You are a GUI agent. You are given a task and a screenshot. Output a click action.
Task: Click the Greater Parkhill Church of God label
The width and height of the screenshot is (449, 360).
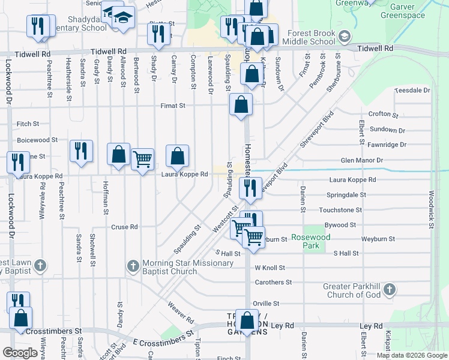pyautogui.click(x=352, y=290)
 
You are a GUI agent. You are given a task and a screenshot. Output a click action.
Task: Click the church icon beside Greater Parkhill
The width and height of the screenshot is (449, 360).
pyautogui.click(x=389, y=290)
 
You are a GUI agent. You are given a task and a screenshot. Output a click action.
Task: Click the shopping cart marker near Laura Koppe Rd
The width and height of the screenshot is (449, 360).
pyautogui.click(x=142, y=160)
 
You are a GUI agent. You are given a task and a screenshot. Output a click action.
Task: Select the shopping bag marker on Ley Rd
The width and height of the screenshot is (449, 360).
pyautogui.click(x=247, y=320)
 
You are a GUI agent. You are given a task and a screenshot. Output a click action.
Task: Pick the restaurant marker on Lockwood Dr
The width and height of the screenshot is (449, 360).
pyautogui.click(x=18, y=162)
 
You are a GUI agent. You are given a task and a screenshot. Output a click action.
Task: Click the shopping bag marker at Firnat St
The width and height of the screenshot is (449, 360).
pyautogui.click(x=241, y=105)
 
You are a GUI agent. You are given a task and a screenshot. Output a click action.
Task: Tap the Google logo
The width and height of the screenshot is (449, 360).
pyautogui.click(x=20, y=353)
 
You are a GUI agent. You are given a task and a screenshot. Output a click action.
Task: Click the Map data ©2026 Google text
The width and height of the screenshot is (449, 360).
pyautogui.click(x=412, y=355)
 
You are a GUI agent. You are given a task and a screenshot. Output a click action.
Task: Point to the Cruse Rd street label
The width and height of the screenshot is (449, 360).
pyautogui.click(x=125, y=227)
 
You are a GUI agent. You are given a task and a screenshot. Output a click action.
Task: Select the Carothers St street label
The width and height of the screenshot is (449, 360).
pyautogui.click(x=273, y=281)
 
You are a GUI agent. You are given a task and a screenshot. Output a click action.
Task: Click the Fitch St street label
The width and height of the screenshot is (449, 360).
pyautogui.click(x=28, y=124)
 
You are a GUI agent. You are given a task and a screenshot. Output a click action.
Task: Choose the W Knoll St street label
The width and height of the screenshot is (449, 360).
pyautogui.click(x=273, y=268)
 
